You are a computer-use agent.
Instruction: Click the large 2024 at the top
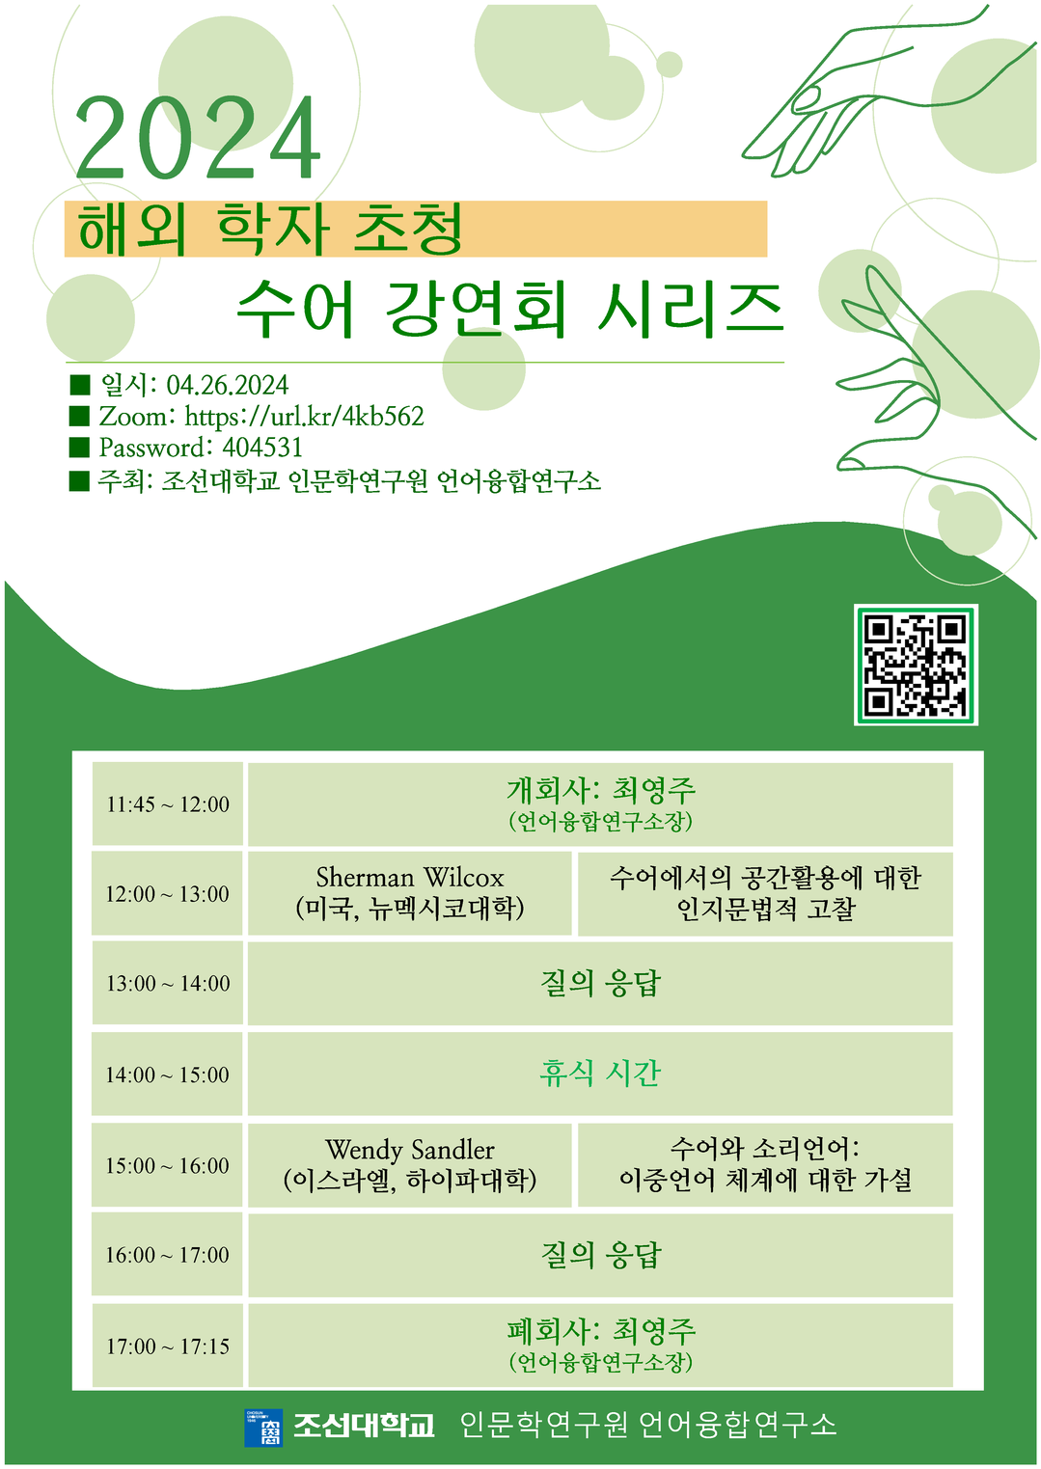198,138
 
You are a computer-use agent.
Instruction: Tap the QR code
916,665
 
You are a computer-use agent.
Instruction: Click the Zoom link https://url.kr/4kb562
304,417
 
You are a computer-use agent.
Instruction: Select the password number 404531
262,448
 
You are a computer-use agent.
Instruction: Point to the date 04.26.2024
227,385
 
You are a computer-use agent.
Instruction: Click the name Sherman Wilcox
410,878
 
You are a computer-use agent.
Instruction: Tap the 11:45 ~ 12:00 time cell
167,804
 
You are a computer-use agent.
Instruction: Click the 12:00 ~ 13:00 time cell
167,894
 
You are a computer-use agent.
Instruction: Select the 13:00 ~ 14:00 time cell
167,983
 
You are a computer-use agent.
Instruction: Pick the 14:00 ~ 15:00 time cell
167,1075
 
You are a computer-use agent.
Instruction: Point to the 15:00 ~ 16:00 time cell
167,1165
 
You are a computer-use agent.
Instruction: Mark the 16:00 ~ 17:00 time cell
167,1255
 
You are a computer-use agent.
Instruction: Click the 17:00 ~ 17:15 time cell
167,1347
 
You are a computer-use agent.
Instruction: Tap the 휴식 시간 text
600,1074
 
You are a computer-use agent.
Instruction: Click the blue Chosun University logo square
263,1427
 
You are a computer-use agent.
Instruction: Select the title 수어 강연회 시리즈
509,309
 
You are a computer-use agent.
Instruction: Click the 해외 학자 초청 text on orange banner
271,229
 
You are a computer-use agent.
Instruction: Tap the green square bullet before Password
79,448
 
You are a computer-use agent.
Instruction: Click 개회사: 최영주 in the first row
601,790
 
